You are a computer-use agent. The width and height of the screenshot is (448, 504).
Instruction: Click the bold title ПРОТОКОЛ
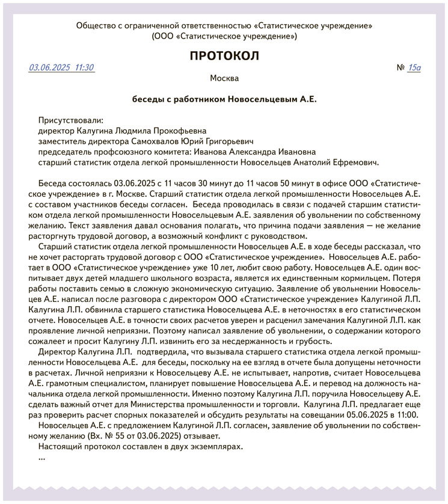(x=224, y=56)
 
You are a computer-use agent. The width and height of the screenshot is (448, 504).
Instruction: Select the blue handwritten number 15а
(x=414, y=67)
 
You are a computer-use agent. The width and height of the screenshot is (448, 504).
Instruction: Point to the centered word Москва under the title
(x=224, y=78)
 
